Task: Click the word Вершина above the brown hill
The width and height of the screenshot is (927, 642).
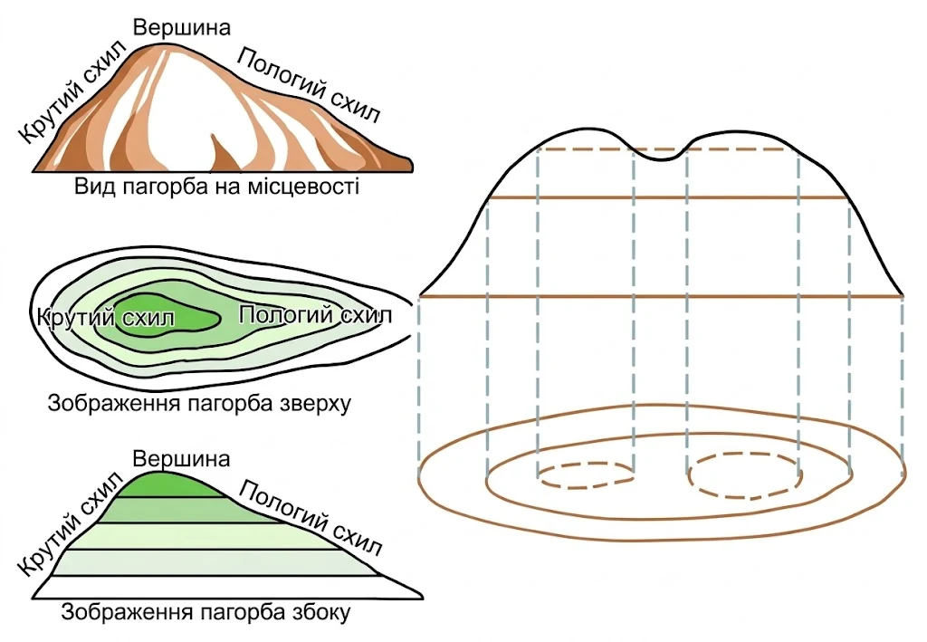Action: point(181,28)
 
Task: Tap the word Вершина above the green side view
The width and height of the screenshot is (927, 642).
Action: point(181,459)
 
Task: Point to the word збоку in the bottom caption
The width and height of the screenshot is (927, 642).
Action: point(320,612)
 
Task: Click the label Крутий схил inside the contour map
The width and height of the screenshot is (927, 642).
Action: point(106,318)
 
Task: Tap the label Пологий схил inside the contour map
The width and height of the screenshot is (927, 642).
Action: point(315,315)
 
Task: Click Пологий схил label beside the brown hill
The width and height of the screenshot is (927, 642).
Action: point(309,86)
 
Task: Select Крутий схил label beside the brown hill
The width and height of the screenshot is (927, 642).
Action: point(73,91)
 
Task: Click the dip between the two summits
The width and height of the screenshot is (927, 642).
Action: point(661,158)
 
